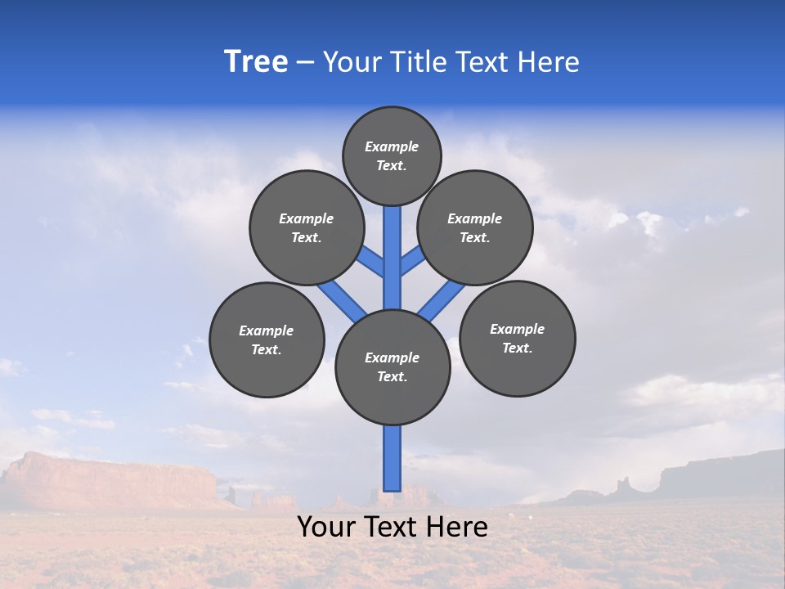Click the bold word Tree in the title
tap(256, 62)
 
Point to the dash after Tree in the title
tap(305, 63)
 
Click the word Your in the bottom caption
tap(325, 527)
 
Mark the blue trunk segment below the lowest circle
tap(392, 458)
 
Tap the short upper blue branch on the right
tap(412, 261)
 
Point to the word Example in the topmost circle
tap(392, 147)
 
